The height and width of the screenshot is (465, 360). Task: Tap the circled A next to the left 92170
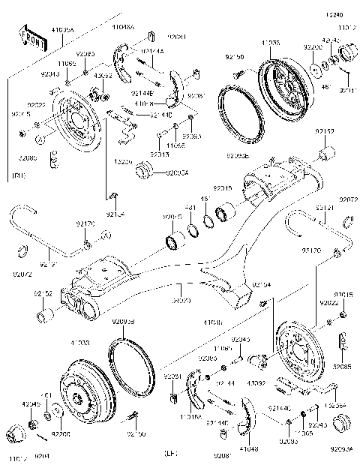[106, 236]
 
